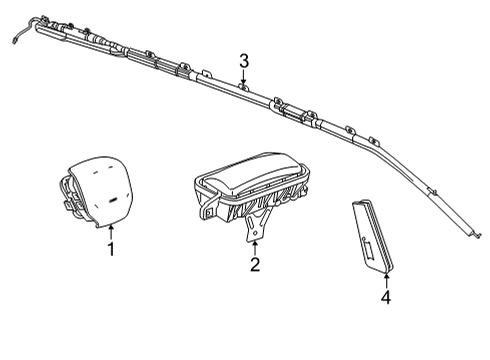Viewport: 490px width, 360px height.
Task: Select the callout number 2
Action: click(x=255, y=264)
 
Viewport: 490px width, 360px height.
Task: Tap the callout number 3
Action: click(x=243, y=62)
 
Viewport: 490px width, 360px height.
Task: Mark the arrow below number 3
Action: click(x=244, y=80)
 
